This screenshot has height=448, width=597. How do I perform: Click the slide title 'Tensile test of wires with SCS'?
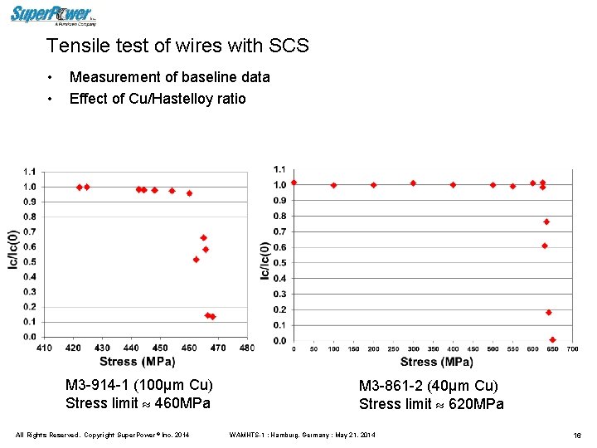pos(177,46)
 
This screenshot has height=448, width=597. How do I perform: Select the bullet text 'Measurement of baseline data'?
pos(169,77)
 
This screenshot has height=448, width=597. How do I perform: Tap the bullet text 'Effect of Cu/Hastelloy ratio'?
pos(158,100)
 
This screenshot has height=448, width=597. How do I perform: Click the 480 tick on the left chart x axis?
pos(247,348)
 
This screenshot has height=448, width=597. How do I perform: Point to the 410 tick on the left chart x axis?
pos(45,348)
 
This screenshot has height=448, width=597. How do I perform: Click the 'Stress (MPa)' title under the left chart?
pos(137,361)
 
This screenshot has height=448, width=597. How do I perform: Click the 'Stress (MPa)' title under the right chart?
pos(436,362)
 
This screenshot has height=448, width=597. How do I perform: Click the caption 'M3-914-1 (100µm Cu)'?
pos(138,385)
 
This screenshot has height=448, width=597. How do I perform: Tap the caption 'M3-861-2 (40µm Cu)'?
pos(428,386)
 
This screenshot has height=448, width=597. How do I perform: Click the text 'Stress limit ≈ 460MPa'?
pos(138,403)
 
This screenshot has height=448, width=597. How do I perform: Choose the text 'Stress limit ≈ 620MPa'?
pos(430,404)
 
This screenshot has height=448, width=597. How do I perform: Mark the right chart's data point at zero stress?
pos(294,183)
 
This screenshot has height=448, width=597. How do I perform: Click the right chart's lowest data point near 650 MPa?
pos(552,339)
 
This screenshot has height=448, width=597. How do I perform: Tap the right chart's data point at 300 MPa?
pos(413,183)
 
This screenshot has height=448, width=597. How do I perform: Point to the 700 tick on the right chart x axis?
pos(572,349)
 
